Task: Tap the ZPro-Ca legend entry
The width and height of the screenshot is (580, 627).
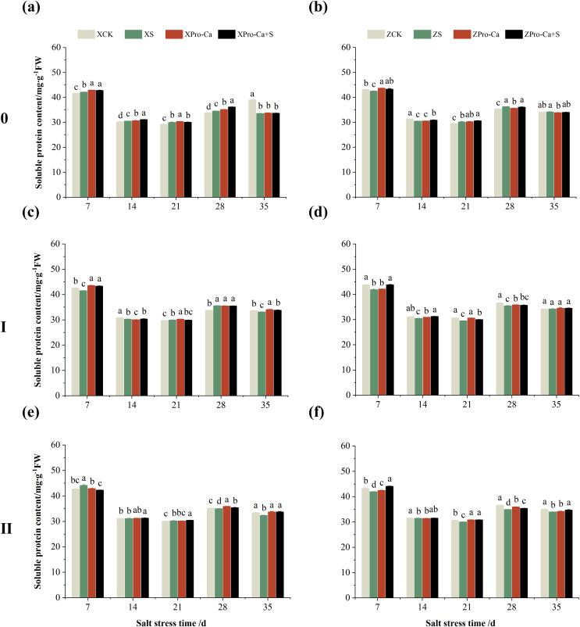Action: (474, 34)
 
